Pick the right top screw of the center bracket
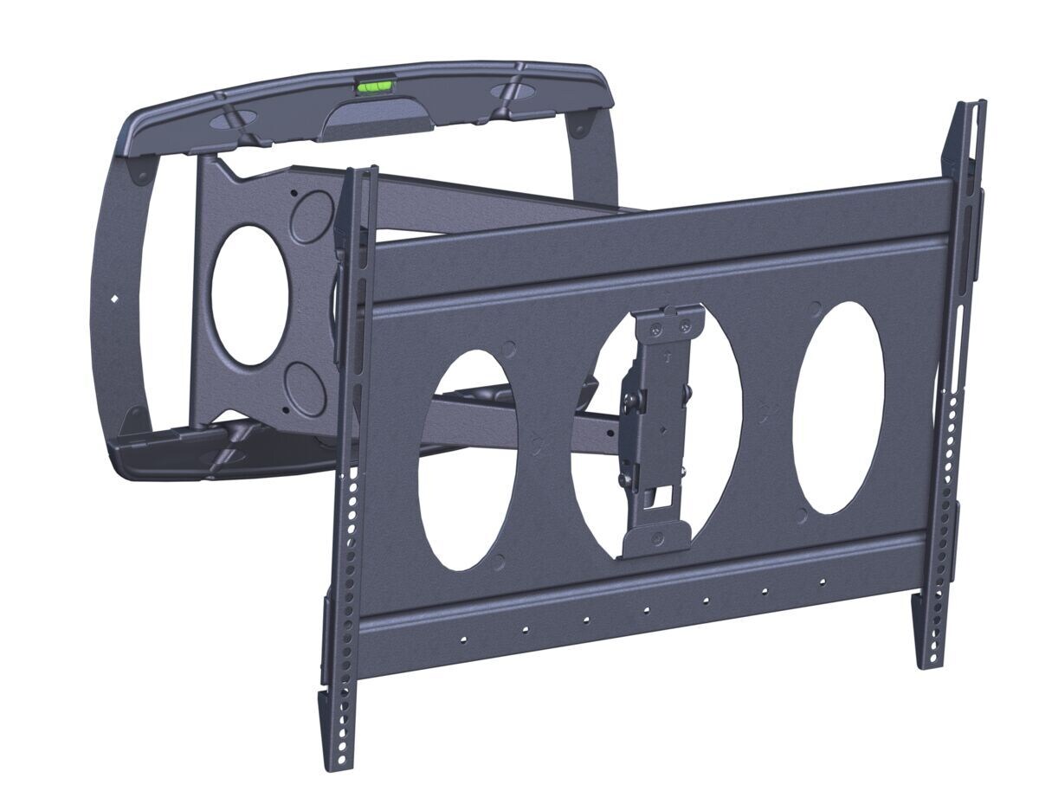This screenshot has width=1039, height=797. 686,326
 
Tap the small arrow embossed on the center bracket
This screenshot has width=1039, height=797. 667,357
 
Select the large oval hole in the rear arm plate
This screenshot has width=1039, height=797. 252,294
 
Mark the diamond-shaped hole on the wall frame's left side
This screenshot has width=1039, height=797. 116,299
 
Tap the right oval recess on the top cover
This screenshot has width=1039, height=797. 513,90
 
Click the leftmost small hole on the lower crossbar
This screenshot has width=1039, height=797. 464,639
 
